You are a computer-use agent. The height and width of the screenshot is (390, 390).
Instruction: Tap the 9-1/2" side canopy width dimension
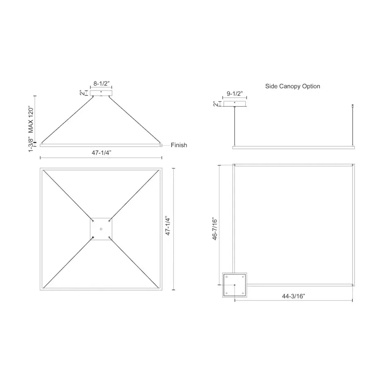click(234, 94)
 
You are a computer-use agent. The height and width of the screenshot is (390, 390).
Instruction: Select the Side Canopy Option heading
click(292, 86)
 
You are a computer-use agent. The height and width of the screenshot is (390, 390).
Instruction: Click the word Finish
click(179, 145)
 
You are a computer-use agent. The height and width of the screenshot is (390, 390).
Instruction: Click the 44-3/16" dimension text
click(293, 296)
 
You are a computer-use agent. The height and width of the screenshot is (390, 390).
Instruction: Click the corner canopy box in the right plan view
click(234, 285)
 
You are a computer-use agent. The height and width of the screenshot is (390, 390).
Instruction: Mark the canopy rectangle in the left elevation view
click(101, 93)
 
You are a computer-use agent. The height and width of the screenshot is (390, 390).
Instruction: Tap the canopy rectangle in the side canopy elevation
click(234, 104)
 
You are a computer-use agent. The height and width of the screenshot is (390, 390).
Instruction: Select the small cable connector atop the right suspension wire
click(354, 105)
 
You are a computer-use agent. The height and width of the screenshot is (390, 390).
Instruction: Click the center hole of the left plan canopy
click(101, 228)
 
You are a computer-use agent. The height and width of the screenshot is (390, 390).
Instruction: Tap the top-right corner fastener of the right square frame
click(353, 166)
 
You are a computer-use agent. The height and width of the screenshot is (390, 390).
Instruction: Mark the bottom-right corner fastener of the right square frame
click(353, 285)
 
